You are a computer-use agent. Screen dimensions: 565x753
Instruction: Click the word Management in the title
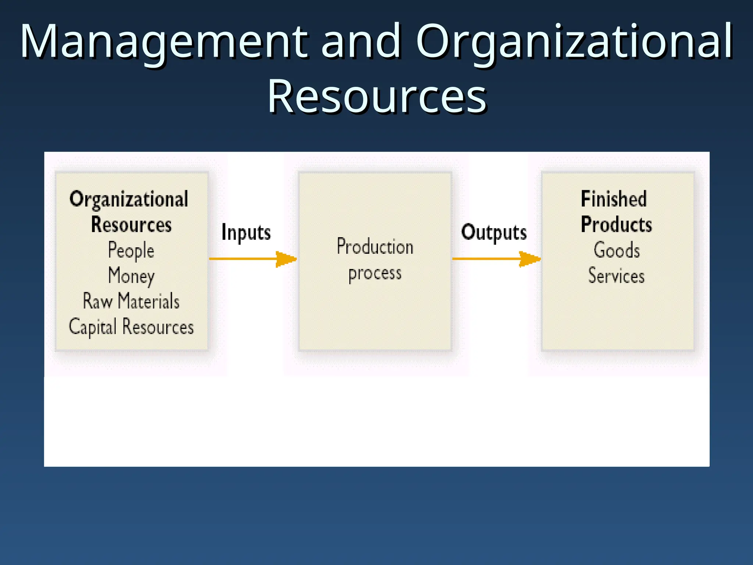click(164, 41)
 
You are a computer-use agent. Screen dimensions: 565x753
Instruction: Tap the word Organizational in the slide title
click(574, 41)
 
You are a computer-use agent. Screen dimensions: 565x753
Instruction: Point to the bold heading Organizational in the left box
click(129, 199)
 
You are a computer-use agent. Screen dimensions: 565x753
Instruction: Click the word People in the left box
click(131, 251)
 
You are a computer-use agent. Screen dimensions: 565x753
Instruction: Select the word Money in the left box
click(131, 276)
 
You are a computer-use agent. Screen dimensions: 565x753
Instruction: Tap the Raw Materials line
click(131, 301)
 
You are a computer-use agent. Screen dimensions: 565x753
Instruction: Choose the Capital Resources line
click(131, 327)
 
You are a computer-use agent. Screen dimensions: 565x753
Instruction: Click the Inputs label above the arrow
click(246, 232)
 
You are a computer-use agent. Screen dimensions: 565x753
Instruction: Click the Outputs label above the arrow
click(494, 232)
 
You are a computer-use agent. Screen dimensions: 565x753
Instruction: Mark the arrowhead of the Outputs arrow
click(530, 259)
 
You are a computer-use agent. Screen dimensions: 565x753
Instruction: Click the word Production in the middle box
click(375, 246)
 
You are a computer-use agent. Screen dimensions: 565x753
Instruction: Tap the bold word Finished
click(613, 199)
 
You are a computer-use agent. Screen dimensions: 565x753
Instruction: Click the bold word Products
click(616, 224)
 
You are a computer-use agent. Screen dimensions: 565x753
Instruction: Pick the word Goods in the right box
click(617, 250)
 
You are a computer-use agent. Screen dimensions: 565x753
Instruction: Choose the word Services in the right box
click(616, 276)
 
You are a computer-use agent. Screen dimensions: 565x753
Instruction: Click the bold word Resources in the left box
click(131, 224)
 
